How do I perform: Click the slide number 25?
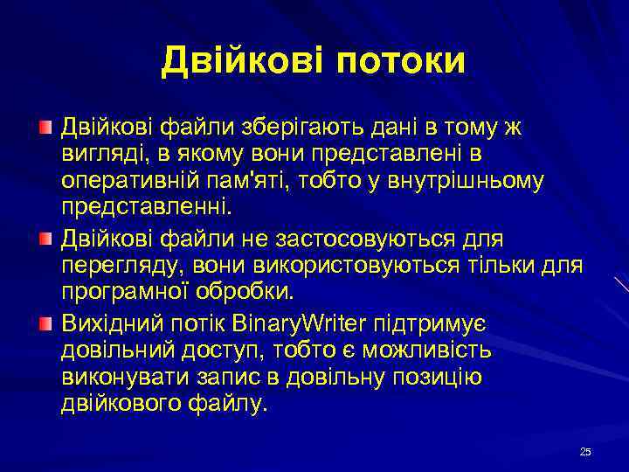pos(585,451)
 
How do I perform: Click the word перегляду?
pos(113,265)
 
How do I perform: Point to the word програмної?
pos(119,292)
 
